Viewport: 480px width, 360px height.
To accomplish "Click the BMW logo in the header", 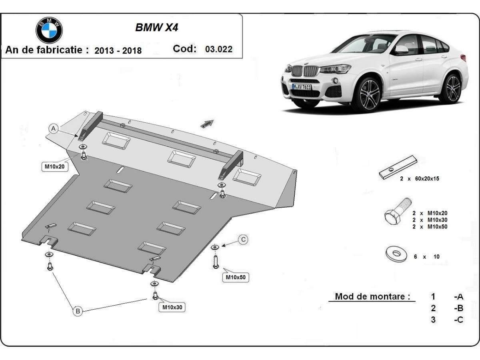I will (x=49, y=30).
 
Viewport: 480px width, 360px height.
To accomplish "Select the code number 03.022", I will (x=218, y=49).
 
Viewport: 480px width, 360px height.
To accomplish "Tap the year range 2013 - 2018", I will (x=118, y=50).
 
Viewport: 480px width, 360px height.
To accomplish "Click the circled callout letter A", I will (x=54, y=128).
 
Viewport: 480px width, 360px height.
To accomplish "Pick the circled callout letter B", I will (x=78, y=310).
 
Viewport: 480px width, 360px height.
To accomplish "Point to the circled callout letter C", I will (x=243, y=240).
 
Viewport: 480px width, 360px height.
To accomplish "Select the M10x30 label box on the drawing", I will (x=173, y=307).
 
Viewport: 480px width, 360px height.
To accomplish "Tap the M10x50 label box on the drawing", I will (x=235, y=277).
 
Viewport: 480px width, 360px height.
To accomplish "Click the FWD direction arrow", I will (x=207, y=124).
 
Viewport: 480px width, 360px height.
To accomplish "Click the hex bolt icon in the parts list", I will (x=397, y=212).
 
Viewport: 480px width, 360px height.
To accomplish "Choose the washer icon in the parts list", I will (x=396, y=253).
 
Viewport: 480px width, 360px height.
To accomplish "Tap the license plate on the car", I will (x=301, y=87).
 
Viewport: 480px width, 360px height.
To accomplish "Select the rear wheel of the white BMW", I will (x=453, y=88).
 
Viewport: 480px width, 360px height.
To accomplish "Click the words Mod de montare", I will (x=372, y=296).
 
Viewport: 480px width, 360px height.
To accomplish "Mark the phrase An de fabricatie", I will (x=47, y=50).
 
